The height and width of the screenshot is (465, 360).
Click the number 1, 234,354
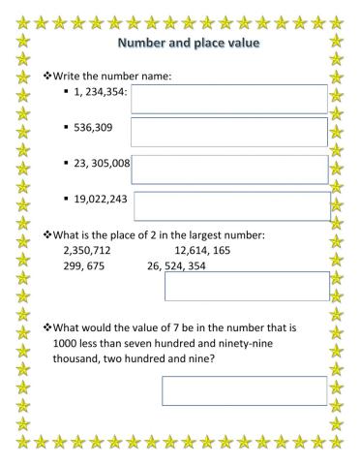[x=102, y=91]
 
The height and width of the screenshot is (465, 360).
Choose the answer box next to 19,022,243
[x=232, y=205]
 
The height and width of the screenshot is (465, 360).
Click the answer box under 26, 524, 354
[x=247, y=286]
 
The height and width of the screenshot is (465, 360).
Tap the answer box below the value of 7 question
[x=244, y=390]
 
